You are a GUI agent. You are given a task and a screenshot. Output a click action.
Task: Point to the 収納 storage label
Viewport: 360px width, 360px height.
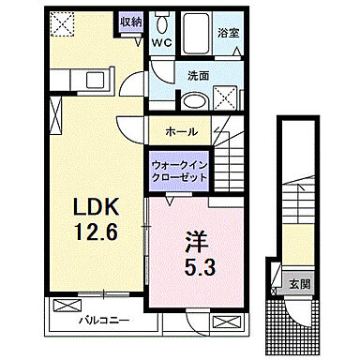point(129,22)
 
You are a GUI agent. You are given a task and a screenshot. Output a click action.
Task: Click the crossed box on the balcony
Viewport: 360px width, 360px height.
point(68,305)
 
